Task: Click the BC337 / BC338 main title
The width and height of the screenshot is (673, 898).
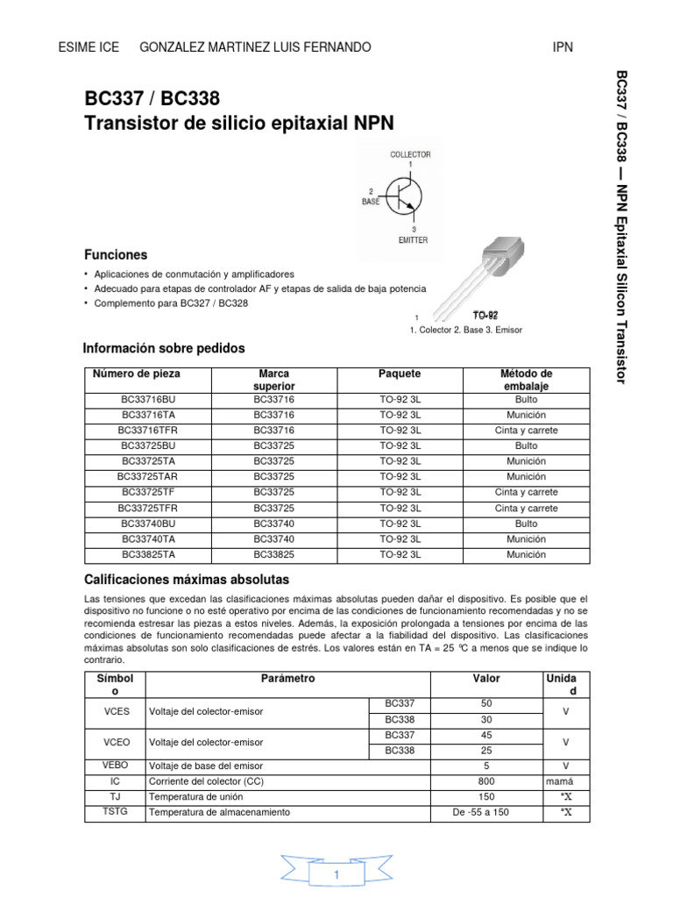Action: (x=152, y=98)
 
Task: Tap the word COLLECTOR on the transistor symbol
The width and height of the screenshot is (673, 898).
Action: (x=410, y=154)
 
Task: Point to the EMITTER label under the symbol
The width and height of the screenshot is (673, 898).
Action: (x=412, y=240)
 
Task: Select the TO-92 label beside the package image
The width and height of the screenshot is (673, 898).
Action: (x=485, y=315)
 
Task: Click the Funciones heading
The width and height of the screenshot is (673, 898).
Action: (x=116, y=255)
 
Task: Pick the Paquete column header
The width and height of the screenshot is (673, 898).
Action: (x=400, y=374)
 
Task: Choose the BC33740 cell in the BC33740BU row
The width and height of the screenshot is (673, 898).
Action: (x=274, y=524)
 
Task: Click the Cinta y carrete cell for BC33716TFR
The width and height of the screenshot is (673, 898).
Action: (x=526, y=431)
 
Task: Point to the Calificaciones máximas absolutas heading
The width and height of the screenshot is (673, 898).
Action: (x=186, y=581)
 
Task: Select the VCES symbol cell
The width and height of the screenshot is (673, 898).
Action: (x=117, y=710)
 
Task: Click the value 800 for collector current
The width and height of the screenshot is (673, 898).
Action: (x=487, y=780)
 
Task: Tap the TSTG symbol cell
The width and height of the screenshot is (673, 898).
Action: (x=117, y=812)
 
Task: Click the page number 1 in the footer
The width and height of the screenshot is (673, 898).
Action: (x=336, y=875)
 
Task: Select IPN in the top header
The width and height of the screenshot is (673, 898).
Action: (x=563, y=46)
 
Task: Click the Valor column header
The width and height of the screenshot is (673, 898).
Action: (x=487, y=679)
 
